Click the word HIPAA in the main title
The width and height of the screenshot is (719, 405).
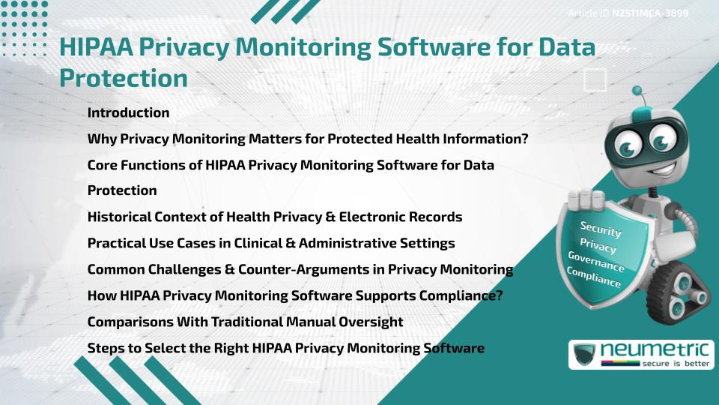pyautogui.click(x=93, y=47)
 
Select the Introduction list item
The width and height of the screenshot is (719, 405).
pyautogui.click(x=128, y=113)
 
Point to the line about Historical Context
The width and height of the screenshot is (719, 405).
pyautogui.click(x=274, y=217)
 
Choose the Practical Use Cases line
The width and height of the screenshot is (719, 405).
pyautogui.click(x=271, y=243)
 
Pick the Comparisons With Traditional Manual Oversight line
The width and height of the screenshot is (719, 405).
pyautogui.click(x=245, y=322)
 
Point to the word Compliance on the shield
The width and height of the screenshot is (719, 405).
pyautogui.click(x=594, y=277)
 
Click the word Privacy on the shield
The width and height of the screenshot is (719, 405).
pyautogui.click(x=598, y=246)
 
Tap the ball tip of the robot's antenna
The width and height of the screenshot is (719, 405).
pyautogui.click(x=637, y=90)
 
